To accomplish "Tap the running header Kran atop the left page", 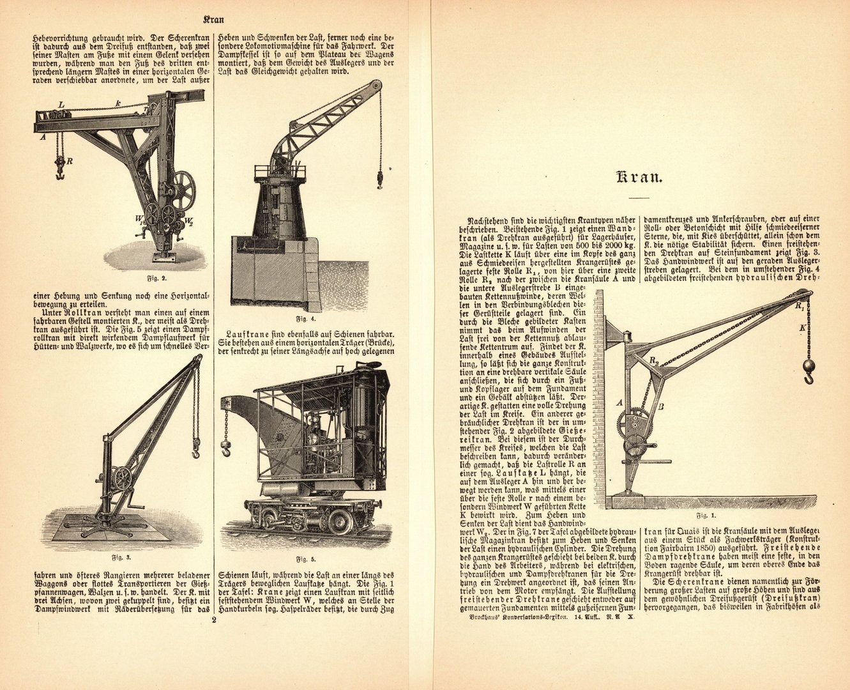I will point(213,19).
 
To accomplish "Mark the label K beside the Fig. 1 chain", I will point(802,328).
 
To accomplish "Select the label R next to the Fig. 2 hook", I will point(69,160).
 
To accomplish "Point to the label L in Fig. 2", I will point(61,103).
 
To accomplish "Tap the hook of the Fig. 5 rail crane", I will point(225,447).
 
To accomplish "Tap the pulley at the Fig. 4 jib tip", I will point(377,86).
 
